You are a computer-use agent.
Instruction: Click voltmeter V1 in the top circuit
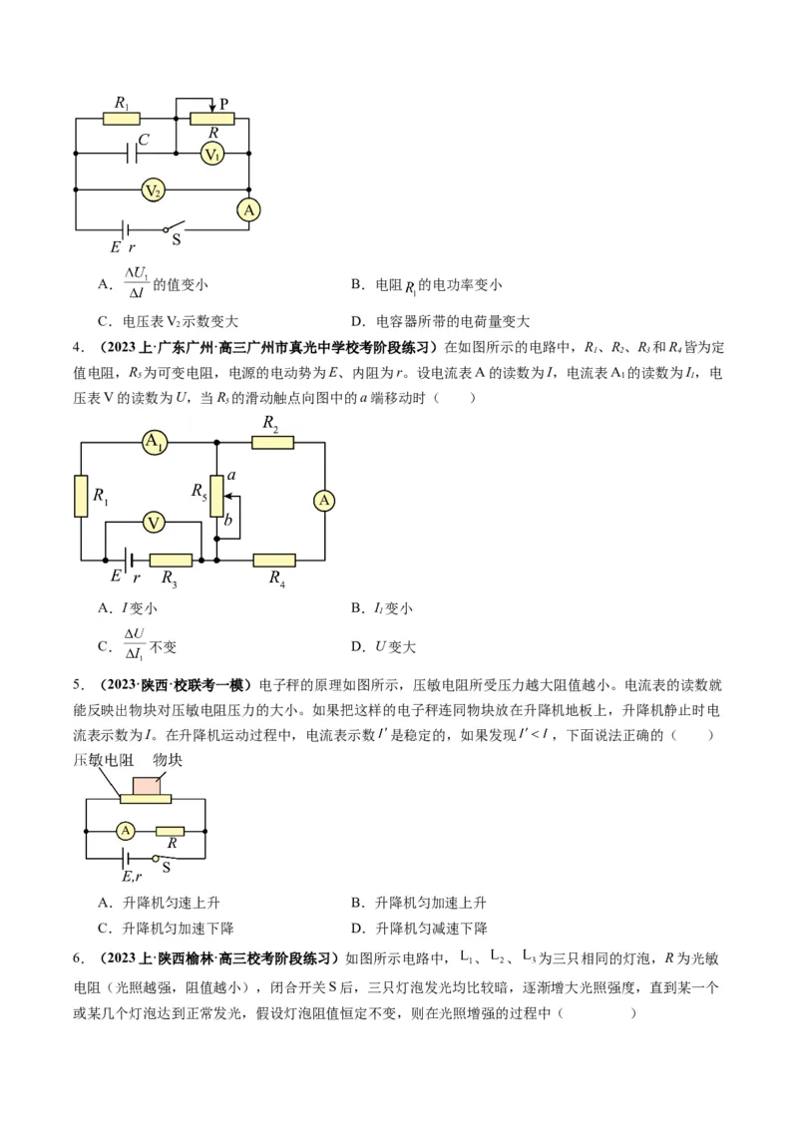coord(211,154)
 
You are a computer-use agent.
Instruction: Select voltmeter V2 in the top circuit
coord(152,189)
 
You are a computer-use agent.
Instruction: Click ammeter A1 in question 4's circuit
coord(155,443)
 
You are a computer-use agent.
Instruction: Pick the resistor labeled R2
coord(271,443)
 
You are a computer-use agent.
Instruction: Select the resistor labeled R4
coord(274,561)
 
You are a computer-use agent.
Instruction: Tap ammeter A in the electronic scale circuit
coord(125,830)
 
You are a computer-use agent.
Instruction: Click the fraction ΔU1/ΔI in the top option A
coord(136,284)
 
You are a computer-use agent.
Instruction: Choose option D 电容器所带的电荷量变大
coord(440,321)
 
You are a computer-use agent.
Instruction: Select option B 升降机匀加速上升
coord(418,903)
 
